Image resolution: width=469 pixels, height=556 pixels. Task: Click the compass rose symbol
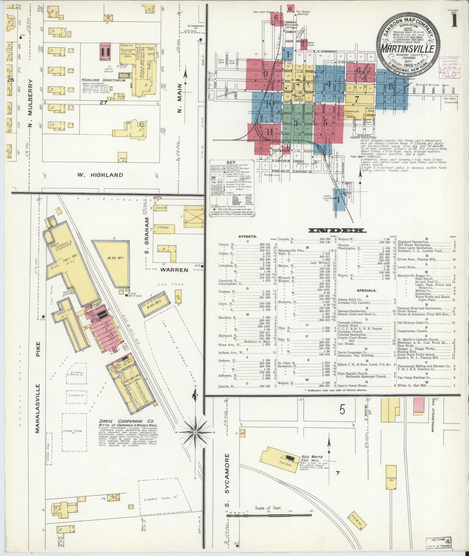coord(195,432)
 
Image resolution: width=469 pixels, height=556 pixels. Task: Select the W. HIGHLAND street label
coord(100,175)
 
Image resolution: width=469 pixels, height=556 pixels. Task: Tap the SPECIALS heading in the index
coord(367,290)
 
